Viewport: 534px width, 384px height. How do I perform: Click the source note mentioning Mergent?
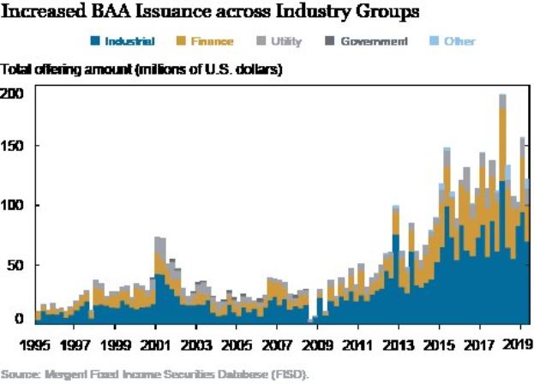point(153,374)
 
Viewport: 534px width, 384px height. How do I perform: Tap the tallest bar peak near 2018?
point(502,97)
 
